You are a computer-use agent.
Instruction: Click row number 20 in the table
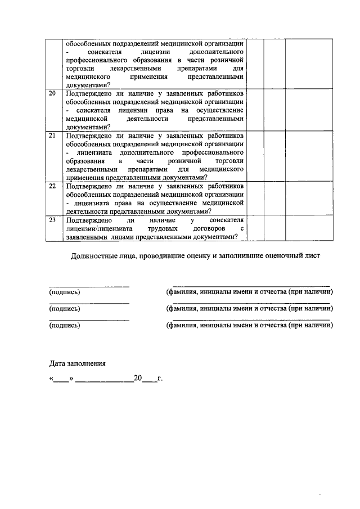(52, 94)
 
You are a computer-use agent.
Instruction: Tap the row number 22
(52, 186)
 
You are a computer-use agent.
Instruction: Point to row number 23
(52, 220)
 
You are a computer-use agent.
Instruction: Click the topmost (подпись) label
(64, 292)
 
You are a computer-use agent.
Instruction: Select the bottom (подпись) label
(64, 325)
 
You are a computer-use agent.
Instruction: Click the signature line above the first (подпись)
(89, 287)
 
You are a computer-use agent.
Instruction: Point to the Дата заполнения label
(76, 363)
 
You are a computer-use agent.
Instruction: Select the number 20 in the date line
(137, 378)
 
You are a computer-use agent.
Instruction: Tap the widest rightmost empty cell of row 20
(305, 110)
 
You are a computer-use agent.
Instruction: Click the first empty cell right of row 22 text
(255, 199)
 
